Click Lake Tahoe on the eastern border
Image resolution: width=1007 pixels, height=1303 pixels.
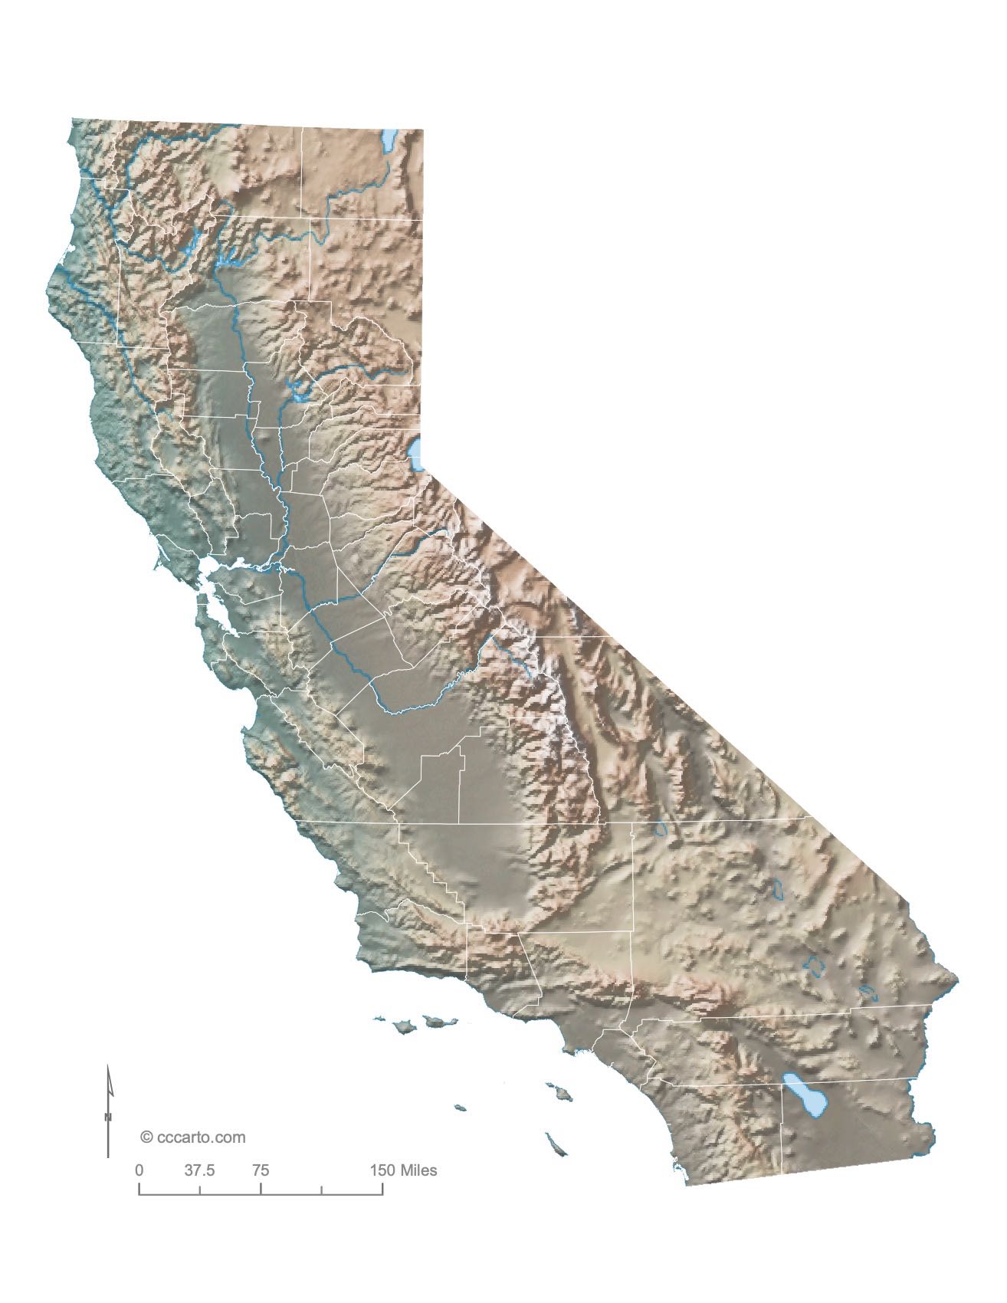pyautogui.click(x=418, y=454)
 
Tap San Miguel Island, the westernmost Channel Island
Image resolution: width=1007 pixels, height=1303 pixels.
pyautogui.click(x=378, y=1019)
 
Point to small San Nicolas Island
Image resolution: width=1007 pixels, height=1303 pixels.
pyautogui.click(x=460, y=1107)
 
